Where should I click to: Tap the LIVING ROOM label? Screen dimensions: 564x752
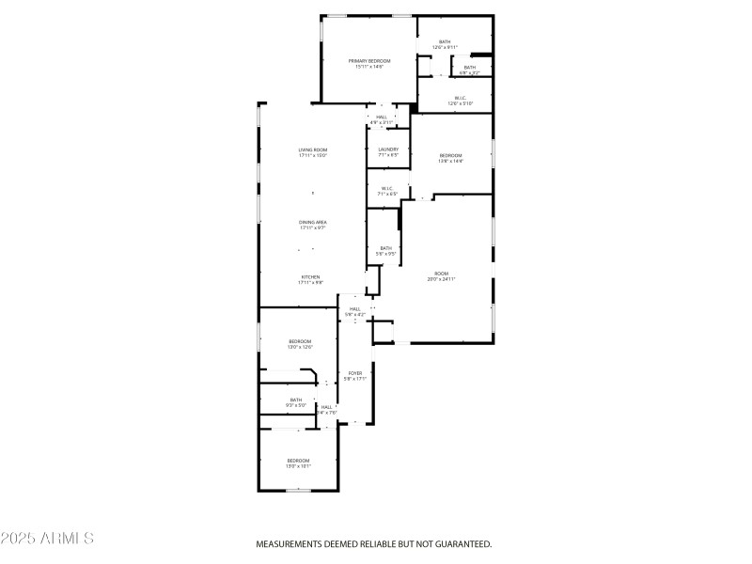coord(313,150)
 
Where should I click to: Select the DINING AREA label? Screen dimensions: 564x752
coord(313,222)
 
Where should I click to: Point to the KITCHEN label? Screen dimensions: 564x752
coord(310,277)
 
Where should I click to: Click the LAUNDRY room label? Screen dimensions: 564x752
coord(388,149)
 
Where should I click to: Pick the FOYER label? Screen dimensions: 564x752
coord(355,373)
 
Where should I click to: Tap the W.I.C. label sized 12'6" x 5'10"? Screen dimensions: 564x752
coord(461,97)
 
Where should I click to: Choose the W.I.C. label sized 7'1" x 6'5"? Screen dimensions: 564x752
coord(387,188)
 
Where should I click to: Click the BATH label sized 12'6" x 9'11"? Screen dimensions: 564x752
coord(445,41)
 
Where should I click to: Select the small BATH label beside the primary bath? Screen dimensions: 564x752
coord(469,67)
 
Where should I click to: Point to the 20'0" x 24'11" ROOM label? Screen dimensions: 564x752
coord(442,273)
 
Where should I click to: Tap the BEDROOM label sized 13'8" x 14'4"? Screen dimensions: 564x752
coord(451,155)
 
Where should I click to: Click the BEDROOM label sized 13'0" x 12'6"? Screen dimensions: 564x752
coord(300,341)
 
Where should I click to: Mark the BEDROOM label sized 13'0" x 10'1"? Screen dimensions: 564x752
coord(298,461)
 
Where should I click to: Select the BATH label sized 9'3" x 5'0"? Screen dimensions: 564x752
coord(296,400)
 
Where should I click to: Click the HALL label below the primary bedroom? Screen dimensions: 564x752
coord(382,117)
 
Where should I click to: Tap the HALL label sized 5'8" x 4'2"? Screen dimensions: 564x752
coord(355,309)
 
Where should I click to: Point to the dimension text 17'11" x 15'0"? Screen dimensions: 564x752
coord(313,156)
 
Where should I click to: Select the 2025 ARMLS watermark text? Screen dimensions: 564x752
coord(47,539)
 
